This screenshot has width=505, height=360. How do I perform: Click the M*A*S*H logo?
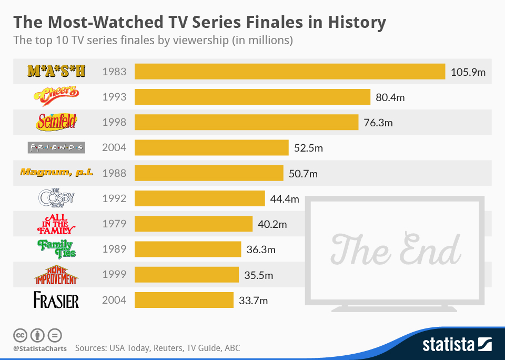[x=56, y=71]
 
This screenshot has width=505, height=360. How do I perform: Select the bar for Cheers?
[x=252, y=97]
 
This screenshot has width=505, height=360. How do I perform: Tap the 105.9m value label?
[x=468, y=72]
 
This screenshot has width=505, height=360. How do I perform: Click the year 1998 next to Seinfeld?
[x=115, y=122]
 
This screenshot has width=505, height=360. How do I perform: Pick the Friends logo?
[x=56, y=147]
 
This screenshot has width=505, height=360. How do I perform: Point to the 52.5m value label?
[x=308, y=148]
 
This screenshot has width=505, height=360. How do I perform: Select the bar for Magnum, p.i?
[x=209, y=173]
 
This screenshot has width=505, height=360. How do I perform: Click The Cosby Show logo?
[x=56, y=198]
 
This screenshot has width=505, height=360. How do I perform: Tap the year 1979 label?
[x=115, y=224]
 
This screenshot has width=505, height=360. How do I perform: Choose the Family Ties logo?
[x=56, y=248]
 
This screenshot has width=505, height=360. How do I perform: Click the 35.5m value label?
[x=258, y=275]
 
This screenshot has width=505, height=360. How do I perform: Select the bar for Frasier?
[x=184, y=300]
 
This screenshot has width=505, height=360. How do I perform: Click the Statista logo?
[x=457, y=345]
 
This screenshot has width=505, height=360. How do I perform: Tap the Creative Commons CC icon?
[x=20, y=335]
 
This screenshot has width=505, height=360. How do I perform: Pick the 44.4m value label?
[x=284, y=199]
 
